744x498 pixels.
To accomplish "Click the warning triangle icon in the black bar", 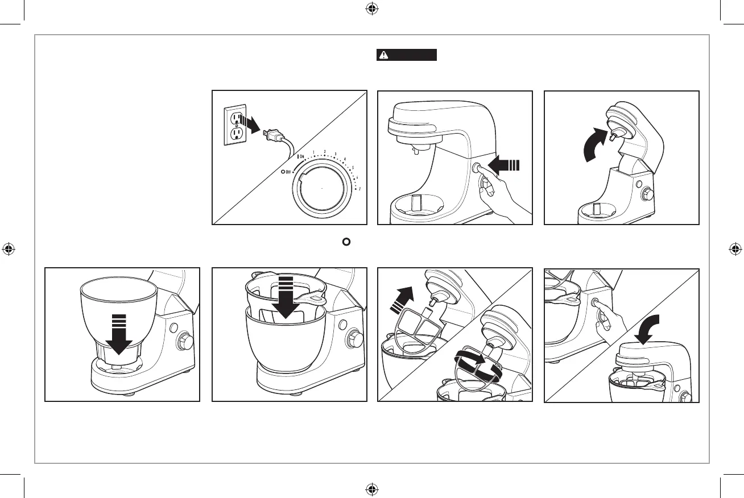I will click(x=385, y=55).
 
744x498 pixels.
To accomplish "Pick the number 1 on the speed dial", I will click(x=313, y=152).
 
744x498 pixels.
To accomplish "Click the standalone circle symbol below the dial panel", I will click(x=345, y=241).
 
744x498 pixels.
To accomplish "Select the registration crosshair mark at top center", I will click(x=371, y=9).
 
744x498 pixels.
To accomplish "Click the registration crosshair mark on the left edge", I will click(x=9, y=249).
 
